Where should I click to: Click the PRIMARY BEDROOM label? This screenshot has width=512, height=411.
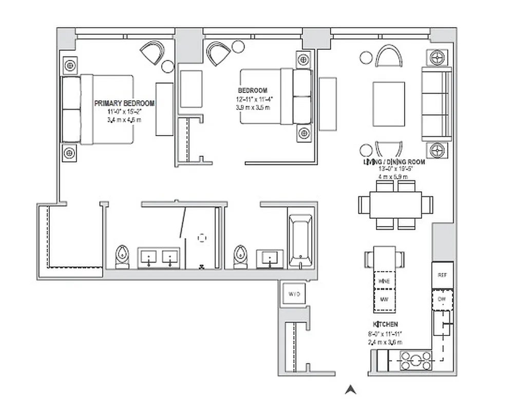[124, 103]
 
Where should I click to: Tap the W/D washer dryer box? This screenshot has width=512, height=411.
[294, 294]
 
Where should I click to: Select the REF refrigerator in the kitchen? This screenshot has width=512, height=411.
[442, 275]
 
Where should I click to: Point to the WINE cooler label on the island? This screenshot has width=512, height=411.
[384, 281]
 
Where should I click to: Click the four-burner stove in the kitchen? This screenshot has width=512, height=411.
[415, 361]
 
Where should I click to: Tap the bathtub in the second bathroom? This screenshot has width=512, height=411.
[300, 241]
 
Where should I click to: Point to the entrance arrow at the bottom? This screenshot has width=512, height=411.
[351, 390]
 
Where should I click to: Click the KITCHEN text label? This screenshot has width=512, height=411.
[385, 325]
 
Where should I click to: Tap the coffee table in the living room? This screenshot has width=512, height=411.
[388, 104]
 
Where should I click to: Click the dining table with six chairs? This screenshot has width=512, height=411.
[396, 203]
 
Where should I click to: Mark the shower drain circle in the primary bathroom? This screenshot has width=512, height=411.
[202, 238]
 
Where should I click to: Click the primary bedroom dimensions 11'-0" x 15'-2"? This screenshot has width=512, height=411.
[124, 111]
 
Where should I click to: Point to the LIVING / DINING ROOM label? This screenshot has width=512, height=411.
[394, 162]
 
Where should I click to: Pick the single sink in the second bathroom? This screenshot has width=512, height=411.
[269, 258]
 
